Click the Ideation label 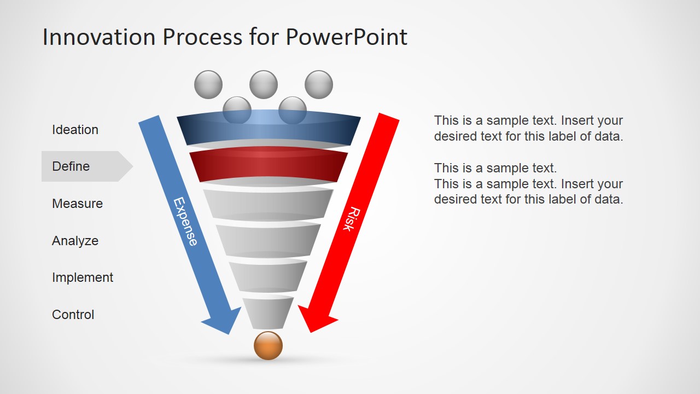coord(75,130)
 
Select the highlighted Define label coord(71,166)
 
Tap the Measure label coord(77,204)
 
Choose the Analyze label coord(75,241)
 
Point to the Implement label coord(83,277)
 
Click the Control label coord(73,315)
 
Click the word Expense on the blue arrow coord(185,221)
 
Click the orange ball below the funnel coord(268,346)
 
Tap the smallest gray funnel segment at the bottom coord(268,313)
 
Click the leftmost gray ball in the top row coord(208,85)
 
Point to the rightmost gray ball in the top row coord(319,85)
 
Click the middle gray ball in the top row coord(264,85)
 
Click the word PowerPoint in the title coord(346,37)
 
